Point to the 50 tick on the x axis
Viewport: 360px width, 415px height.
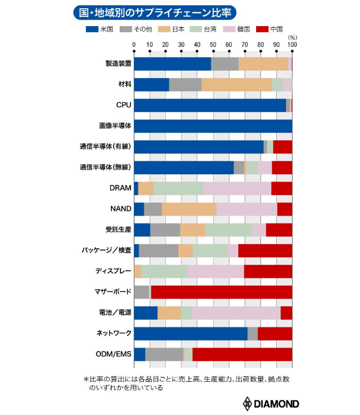click(x=213, y=45)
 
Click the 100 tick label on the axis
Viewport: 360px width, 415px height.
click(x=291, y=45)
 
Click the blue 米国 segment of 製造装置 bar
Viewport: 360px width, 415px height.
click(x=172, y=64)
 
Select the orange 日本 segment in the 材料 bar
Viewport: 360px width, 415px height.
click(x=237, y=84)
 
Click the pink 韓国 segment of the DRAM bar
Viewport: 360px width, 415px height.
click(x=237, y=188)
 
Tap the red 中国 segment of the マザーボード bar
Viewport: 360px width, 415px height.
click(x=221, y=292)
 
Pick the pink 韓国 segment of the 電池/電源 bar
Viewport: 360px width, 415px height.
click(x=237, y=313)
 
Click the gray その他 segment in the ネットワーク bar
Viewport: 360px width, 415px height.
click(x=252, y=333)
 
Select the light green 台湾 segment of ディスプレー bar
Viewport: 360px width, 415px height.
click(x=164, y=271)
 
